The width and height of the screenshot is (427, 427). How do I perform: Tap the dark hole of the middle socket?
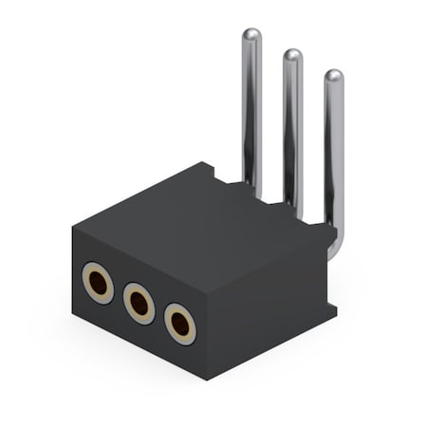(139, 304)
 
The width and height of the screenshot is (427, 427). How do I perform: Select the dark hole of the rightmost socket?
(180, 325)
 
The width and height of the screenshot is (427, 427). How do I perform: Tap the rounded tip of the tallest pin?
(251, 36)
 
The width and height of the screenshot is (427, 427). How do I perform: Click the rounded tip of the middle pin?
(293, 56)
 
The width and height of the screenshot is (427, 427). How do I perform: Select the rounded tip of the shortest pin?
(334, 76)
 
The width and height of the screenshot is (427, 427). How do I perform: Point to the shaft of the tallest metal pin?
(251, 114)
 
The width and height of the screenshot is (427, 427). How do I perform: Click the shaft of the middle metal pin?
(293, 133)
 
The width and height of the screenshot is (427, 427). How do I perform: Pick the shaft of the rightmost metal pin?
(334, 152)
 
